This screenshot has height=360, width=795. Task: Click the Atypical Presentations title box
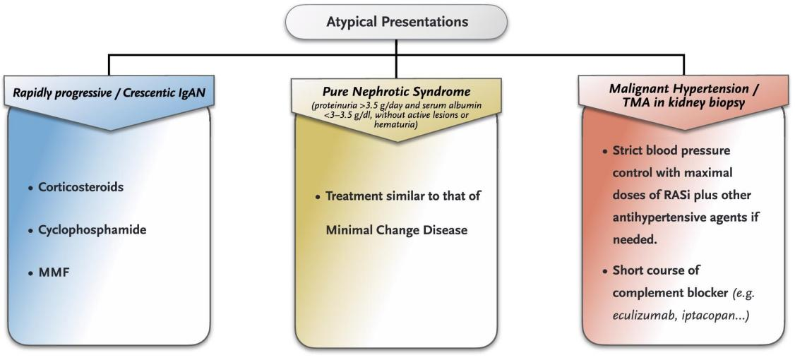click(x=397, y=22)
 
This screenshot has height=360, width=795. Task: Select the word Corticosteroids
click(x=81, y=186)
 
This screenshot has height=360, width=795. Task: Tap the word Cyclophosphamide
click(x=92, y=229)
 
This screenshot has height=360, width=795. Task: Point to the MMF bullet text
click(x=54, y=272)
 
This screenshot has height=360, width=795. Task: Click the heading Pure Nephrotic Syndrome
click(x=397, y=92)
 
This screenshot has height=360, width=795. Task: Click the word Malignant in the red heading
click(x=636, y=89)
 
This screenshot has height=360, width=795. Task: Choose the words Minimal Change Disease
click(x=397, y=229)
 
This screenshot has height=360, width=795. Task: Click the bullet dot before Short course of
click(x=605, y=271)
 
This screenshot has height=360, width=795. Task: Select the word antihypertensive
click(x=654, y=217)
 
